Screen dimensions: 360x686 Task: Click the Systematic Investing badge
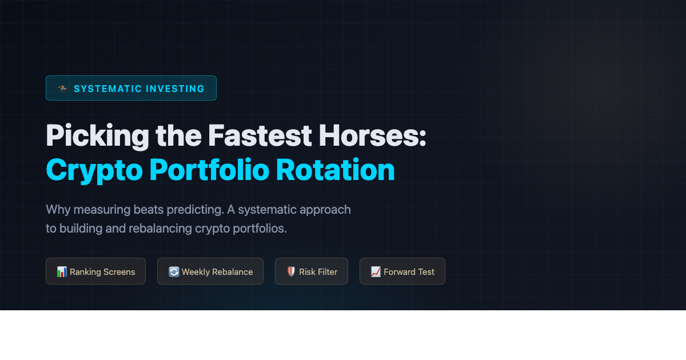(x=131, y=88)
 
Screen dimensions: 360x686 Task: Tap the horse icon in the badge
(x=63, y=89)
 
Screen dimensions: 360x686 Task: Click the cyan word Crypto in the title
(x=93, y=170)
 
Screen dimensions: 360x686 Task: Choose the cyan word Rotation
(x=336, y=170)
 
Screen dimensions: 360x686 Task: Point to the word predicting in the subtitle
(x=194, y=210)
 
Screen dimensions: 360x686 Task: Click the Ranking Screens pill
(x=96, y=271)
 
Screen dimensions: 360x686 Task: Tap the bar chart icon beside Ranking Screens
(x=62, y=271)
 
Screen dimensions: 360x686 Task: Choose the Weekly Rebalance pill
(x=210, y=271)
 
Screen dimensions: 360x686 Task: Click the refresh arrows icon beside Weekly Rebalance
(x=174, y=271)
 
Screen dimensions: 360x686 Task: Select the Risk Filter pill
(x=312, y=271)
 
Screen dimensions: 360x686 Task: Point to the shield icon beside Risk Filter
(x=291, y=271)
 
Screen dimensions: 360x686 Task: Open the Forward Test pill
(x=402, y=271)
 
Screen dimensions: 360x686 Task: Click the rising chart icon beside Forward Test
(x=376, y=271)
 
